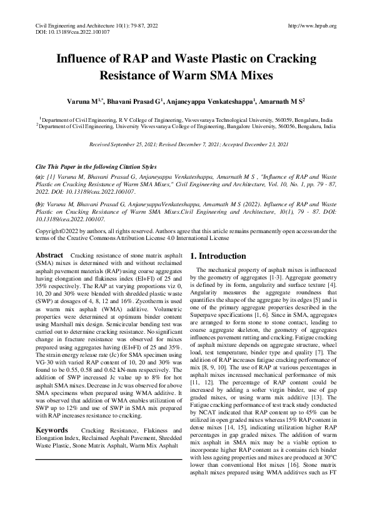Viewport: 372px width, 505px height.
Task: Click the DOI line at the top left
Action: (x=61, y=32)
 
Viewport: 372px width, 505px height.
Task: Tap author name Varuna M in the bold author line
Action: (x=86, y=100)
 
